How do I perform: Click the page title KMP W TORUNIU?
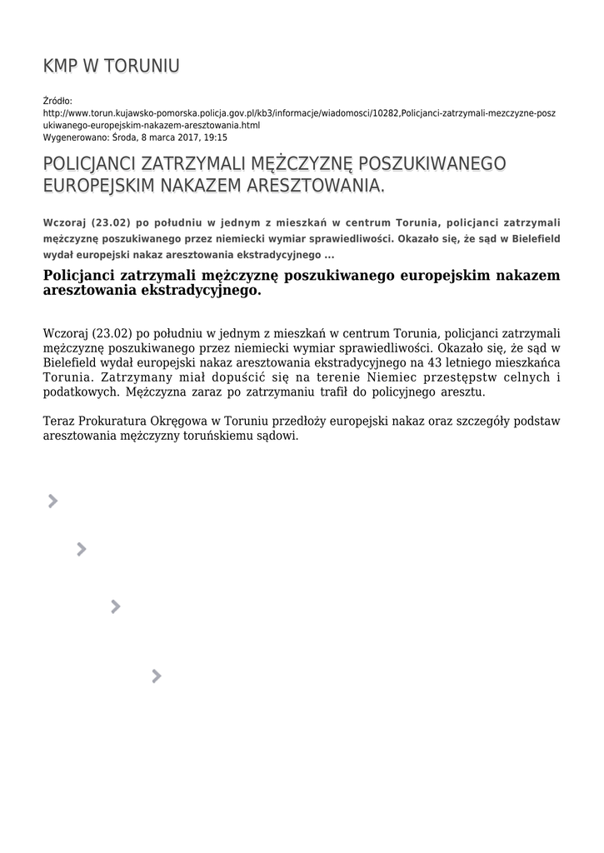pyautogui.click(x=111, y=66)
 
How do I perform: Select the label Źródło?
pyautogui.click(x=57, y=101)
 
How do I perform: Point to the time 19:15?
pyautogui.click(x=215, y=137)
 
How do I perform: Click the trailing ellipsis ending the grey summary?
pyautogui.click(x=329, y=254)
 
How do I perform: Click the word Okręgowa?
pyautogui.click(x=184, y=422)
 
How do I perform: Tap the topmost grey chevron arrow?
pyautogui.click(x=52, y=501)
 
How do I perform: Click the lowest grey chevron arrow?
pyautogui.click(x=156, y=676)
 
